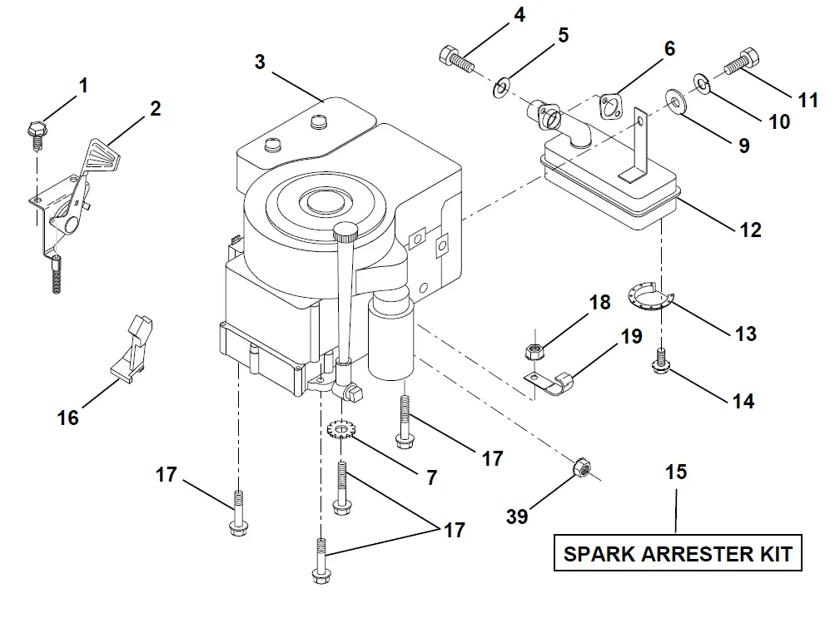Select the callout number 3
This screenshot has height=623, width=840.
(260, 62)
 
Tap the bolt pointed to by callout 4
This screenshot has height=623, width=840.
(455, 59)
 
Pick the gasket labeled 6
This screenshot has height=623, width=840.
(613, 106)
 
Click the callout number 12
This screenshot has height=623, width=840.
(750, 229)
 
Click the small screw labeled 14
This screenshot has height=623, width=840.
(661, 360)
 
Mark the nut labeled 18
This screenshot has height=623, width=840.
(533, 350)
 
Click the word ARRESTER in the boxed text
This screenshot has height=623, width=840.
(679, 553)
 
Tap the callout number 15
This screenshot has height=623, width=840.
(676, 472)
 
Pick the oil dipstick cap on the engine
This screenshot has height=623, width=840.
(345, 231)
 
